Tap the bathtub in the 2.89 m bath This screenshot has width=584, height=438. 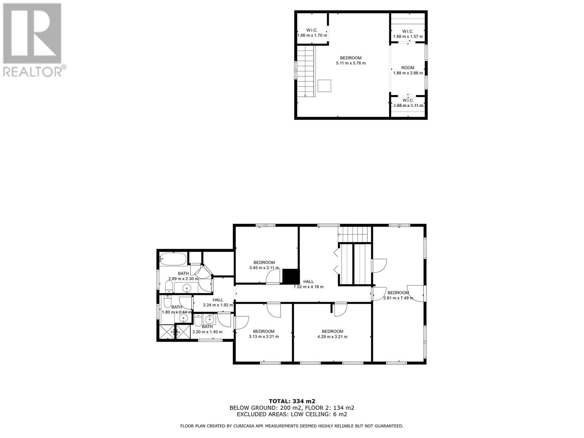coord(173,259)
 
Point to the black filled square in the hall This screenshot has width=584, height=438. coord(291,276)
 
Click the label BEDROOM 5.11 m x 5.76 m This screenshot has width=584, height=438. coord(350,61)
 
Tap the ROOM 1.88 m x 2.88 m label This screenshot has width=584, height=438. coord(408,70)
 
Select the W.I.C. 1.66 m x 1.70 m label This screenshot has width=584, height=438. coord(312,33)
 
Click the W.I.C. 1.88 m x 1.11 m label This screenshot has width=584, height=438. coord(408,103)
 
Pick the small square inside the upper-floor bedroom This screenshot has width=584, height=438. coord(324,86)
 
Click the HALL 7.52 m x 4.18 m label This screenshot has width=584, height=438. coord(308,284)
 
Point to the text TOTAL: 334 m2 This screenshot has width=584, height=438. coord(292,401)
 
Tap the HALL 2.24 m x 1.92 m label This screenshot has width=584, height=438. coord(218,302)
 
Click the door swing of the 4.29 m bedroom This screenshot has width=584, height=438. coord(340,310)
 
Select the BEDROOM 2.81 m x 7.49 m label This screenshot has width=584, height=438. coord(398,295)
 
